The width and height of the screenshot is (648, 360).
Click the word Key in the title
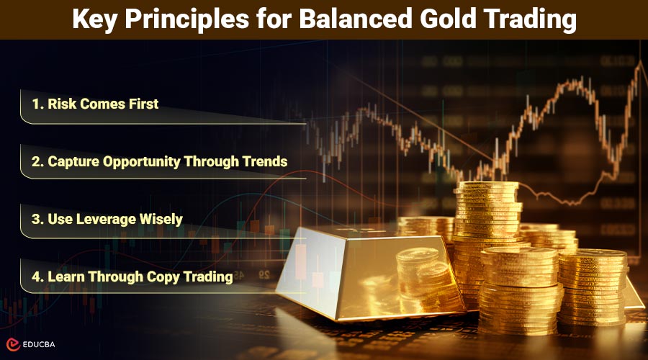[x=94, y=19]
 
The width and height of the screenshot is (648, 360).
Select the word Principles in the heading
[x=186, y=19]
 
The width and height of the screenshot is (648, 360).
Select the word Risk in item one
[x=62, y=104]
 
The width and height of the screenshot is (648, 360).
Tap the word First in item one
[x=143, y=104]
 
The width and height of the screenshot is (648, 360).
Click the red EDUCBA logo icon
[x=13, y=344]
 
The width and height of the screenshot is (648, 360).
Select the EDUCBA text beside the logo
[x=39, y=344]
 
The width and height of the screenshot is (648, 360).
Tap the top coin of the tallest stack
[x=487, y=186]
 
